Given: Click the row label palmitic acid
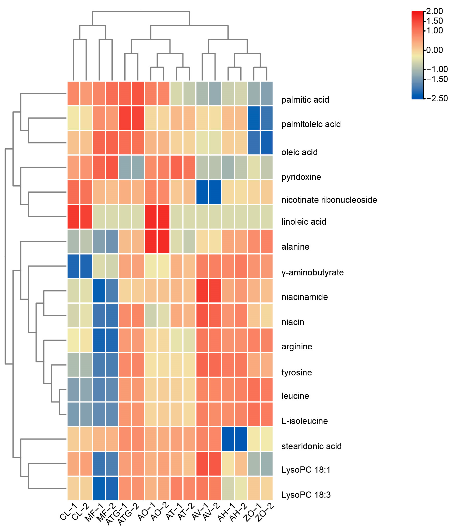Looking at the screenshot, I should (305, 100).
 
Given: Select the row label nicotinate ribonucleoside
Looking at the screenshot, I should (329, 200).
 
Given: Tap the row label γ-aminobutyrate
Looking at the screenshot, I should (312, 272).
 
